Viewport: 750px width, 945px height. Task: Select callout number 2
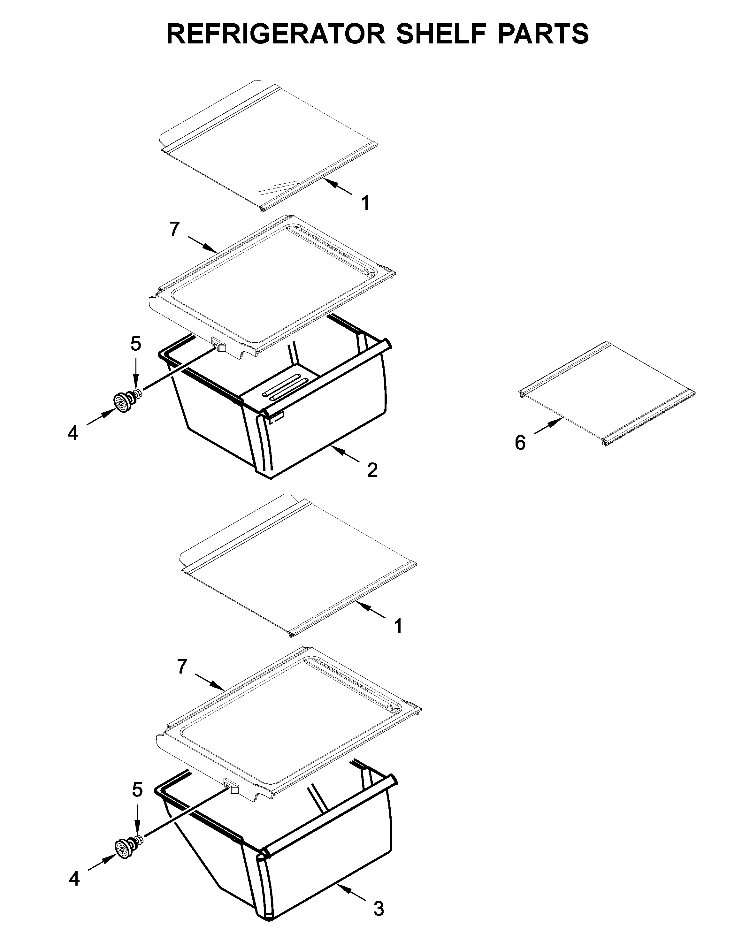[x=372, y=470]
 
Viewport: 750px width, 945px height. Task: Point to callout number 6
[x=520, y=443]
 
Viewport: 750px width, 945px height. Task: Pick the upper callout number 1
[x=365, y=203]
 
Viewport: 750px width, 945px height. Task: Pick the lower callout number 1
[x=398, y=626]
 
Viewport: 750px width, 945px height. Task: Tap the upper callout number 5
[x=136, y=344]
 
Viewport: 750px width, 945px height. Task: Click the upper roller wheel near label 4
[x=121, y=402]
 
